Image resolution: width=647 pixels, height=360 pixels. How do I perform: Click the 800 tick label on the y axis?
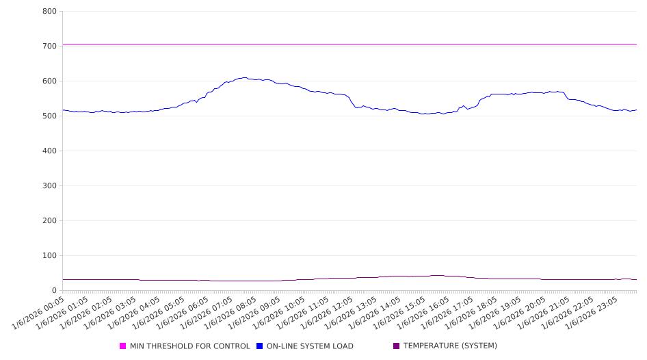coord(49,12)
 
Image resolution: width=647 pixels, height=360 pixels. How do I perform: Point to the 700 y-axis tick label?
coord(49,47)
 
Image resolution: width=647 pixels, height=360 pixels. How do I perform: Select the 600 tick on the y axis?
coord(49,81)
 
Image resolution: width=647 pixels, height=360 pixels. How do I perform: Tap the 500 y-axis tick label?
coord(49,116)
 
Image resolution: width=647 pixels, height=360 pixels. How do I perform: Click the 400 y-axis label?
coord(49,151)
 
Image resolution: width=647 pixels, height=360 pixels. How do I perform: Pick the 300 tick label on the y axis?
coord(49,186)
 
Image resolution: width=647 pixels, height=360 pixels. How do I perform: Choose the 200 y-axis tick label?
coord(49,221)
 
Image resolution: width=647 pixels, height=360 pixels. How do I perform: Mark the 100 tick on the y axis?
coord(49,256)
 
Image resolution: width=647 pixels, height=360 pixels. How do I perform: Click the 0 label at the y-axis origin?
coord(54,291)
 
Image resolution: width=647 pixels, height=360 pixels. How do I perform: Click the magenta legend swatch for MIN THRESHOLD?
coord(123,346)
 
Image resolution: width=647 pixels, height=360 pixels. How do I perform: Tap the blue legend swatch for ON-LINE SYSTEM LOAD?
coord(260,346)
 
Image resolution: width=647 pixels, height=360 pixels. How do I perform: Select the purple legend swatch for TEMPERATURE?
coord(397,346)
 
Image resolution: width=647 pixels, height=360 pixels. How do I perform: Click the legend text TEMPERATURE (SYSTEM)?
coord(450,346)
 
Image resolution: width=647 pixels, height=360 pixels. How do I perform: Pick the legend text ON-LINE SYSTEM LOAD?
coord(310,346)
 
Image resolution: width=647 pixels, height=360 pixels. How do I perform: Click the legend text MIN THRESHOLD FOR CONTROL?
coord(190,346)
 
